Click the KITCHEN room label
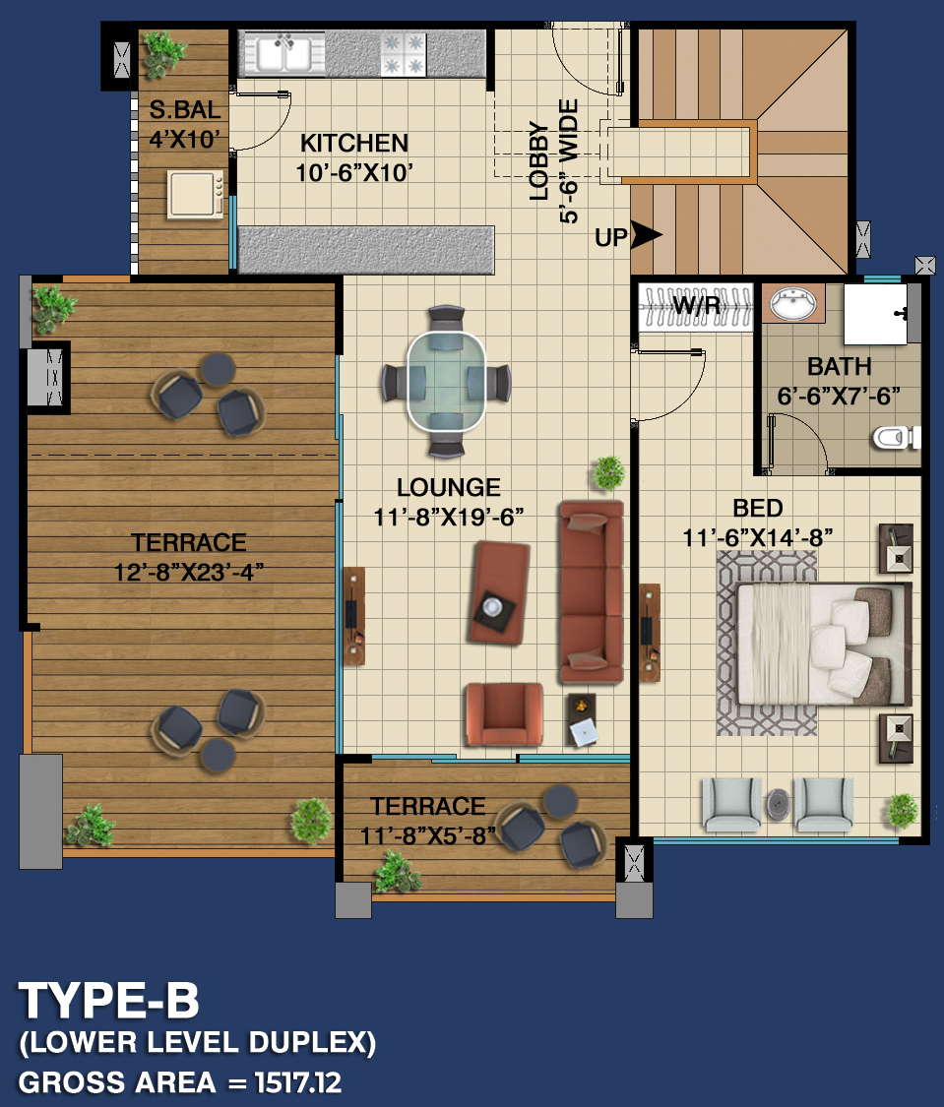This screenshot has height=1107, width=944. tap(354, 144)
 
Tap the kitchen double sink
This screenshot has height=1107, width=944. tap(284, 54)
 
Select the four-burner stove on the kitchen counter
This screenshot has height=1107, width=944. tap(404, 54)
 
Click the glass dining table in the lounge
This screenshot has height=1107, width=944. tap(446, 381)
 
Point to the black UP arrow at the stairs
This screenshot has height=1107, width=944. tap(646, 235)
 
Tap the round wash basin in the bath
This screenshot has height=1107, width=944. tap(793, 304)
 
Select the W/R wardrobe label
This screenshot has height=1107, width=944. tap(696, 306)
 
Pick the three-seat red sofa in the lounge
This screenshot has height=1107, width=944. tap(592, 591)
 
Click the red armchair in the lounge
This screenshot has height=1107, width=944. tap(503, 713)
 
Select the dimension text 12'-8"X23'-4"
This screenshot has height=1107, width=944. tap(189, 572)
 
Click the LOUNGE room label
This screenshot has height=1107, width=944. tap(448, 487)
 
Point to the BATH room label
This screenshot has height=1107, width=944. tap(839, 367)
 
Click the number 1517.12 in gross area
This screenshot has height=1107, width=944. tap(298, 1082)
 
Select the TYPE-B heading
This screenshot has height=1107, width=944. tap(109, 1001)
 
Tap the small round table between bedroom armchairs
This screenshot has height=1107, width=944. tap(778, 804)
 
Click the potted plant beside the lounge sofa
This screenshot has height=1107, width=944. tap(608, 472)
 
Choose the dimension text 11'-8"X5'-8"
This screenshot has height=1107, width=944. tap(428, 835)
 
